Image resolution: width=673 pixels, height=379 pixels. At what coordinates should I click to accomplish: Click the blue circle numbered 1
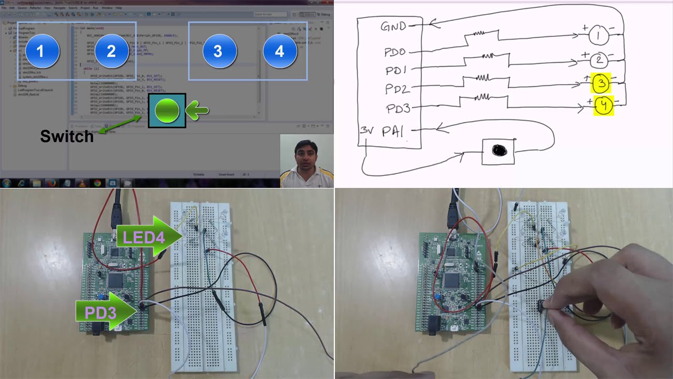point(43,51)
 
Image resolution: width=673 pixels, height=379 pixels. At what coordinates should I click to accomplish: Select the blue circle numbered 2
point(111,51)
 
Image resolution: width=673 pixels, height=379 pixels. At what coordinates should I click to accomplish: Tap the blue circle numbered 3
point(218,51)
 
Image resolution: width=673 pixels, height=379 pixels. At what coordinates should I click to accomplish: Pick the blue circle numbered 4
point(280,51)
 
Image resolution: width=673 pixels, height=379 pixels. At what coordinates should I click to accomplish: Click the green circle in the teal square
point(167,111)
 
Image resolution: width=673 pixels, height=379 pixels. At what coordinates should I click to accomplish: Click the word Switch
point(67,137)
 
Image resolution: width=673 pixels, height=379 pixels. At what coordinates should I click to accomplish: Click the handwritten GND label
point(394,26)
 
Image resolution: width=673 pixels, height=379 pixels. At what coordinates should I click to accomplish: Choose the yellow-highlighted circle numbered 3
point(601,84)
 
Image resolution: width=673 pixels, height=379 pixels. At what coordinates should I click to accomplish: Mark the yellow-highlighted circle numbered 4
point(604,106)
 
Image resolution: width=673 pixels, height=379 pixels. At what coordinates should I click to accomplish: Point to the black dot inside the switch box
point(499,151)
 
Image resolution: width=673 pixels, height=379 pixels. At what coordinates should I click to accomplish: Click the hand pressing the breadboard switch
point(605,300)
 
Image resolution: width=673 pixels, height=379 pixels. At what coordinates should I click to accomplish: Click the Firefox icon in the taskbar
point(52,183)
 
